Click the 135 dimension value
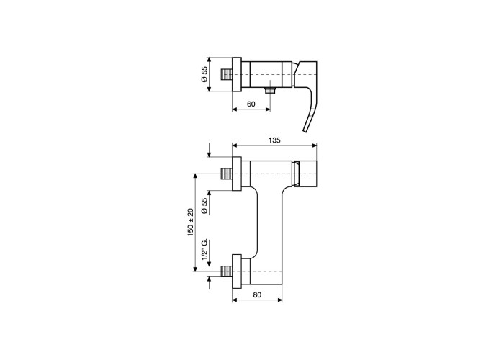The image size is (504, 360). tap(274, 140)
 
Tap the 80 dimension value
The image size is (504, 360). tap(257, 294)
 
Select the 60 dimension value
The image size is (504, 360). tap(251, 104)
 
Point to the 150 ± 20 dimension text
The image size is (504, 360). tap(192, 222)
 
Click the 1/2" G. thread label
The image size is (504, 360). tap(204, 249)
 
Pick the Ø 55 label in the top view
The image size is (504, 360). tap(204, 75)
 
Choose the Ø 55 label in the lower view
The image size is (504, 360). tap(204, 206)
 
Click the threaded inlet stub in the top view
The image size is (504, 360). tap(227, 75)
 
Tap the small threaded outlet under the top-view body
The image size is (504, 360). tap(270, 90)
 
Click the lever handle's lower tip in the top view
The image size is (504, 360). tap(305, 130)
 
